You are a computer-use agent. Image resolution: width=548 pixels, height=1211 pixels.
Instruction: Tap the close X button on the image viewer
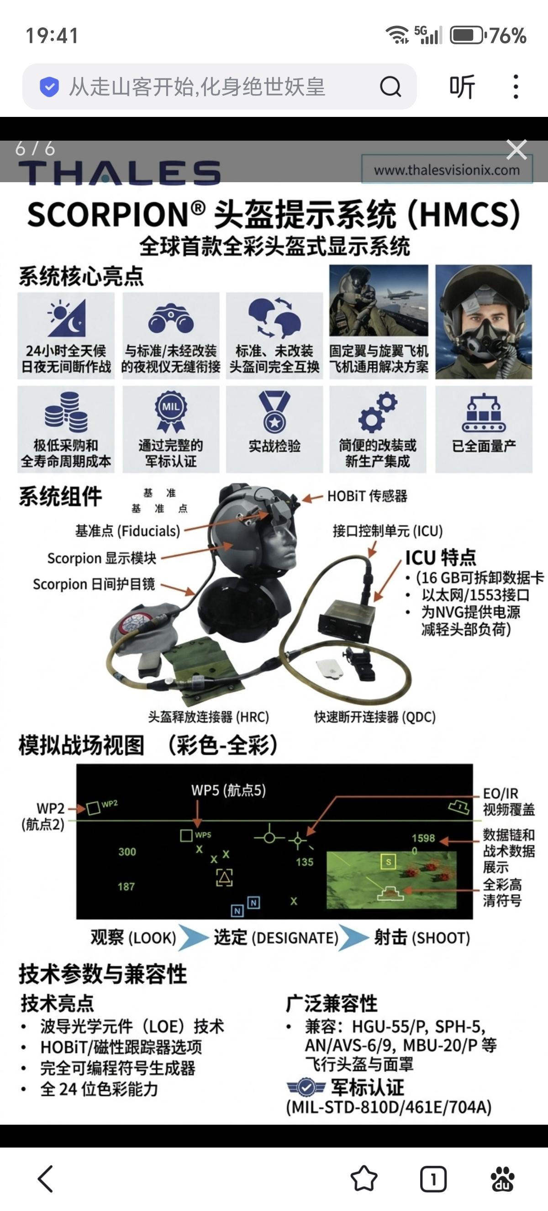(x=516, y=150)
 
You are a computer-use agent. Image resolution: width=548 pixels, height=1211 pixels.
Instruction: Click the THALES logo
(x=119, y=172)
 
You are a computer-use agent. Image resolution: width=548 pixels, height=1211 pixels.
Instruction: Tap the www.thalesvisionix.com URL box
(x=447, y=169)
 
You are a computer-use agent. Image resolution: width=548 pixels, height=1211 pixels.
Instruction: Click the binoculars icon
(x=171, y=319)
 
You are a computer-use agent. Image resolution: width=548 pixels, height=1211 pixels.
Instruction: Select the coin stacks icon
(x=66, y=412)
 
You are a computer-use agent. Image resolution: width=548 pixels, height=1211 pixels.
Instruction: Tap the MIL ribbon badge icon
(x=171, y=411)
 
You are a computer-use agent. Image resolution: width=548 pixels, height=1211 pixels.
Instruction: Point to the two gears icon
(x=378, y=412)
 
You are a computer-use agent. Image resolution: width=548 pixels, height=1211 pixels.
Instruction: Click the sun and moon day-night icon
(x=67, y=317)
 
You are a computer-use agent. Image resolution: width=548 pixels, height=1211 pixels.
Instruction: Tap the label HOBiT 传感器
(x=367, y=496)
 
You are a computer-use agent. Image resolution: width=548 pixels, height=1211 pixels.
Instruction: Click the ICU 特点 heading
(x=440, y=558)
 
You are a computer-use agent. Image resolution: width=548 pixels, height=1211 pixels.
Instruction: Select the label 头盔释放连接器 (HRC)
(x=209, y=717)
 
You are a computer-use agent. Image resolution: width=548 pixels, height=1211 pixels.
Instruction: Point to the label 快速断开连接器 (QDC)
(x=375, y=717)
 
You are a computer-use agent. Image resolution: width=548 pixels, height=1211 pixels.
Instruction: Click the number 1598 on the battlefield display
(x=423, y=838)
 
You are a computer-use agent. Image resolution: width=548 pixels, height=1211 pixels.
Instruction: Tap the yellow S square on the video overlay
(x=388, y=862)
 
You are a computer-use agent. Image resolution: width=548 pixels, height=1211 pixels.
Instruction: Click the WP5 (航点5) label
(x=228, y=790)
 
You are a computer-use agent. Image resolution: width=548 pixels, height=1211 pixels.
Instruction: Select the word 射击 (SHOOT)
(x=422, y=938)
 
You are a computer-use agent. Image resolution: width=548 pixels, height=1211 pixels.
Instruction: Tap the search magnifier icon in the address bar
(x=390, y=86)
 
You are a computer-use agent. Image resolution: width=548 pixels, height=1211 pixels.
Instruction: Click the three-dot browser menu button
(x=516, y=86)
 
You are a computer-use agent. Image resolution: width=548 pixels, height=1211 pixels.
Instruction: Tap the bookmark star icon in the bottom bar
(x=364, y=1179)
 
